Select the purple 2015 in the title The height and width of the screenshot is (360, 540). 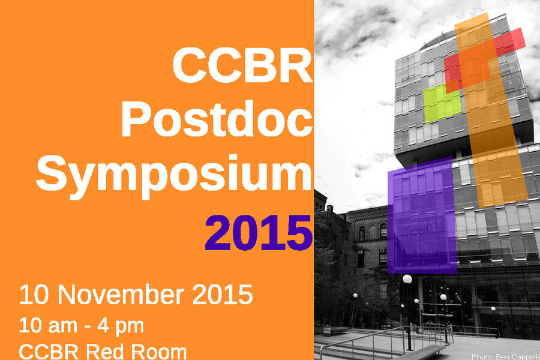(259, 233)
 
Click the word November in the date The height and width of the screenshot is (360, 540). (121, 295)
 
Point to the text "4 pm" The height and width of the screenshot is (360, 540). (120, 326)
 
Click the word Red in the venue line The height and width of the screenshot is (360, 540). (106, 352)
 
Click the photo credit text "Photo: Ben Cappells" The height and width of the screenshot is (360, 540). (505, 356)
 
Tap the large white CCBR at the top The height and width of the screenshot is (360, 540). (242, 65)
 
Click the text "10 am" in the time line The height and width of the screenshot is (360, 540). (48, 326)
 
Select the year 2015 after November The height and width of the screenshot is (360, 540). (223, 295)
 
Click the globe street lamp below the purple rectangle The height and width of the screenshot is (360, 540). (407, 279)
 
